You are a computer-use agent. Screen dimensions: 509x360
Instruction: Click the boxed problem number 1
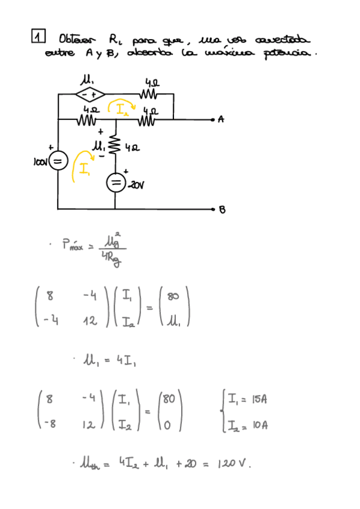(38, 37)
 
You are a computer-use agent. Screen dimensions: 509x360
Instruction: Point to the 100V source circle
(57, 161)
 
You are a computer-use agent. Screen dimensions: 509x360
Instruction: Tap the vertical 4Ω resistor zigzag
(115, 145)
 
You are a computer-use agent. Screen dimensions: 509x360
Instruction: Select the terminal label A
(221, 119)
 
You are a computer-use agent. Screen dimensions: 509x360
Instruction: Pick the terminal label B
(222, 209)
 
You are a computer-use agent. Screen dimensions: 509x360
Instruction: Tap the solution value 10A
(259, 425)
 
